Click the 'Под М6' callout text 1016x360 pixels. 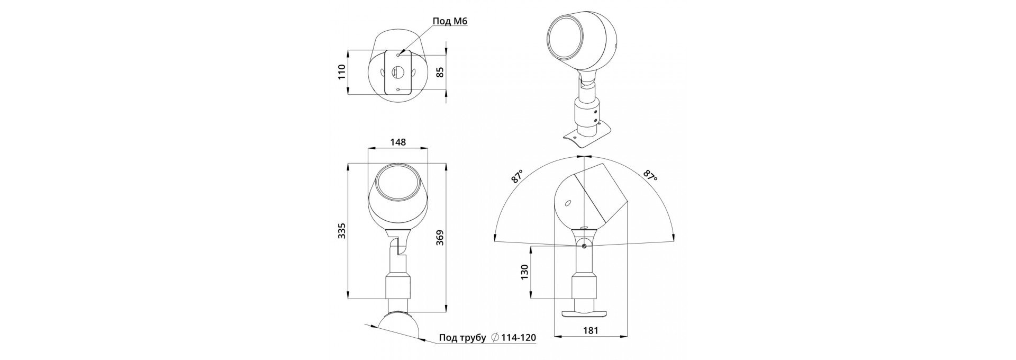click(x=450, y=21)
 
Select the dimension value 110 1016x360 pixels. click(x=342, y=71)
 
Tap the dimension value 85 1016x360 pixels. click(x=440, y=72)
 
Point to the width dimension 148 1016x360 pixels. click(x=398, y=142)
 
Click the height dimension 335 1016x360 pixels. click(x=342, y=231)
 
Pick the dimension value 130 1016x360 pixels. click(x=525, y=272)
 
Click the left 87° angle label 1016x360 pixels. click(x=517, y=176)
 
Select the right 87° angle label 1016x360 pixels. click(x=650, y=176)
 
